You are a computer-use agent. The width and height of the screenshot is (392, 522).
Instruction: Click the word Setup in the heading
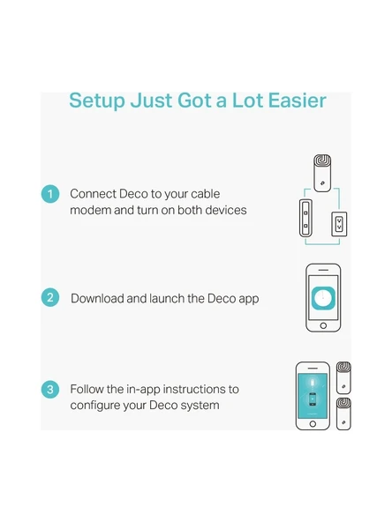pos(96,101)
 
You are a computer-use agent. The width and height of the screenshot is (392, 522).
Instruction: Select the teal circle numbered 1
pos(50,194)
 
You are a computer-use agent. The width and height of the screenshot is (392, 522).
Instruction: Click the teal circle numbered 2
pos(50,297)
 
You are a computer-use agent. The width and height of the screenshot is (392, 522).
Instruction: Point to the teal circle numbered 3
pos(50,389)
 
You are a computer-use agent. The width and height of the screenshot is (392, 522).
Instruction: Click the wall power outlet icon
pos(339,224)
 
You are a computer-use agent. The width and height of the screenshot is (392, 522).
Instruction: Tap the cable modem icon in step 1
pos(305,218)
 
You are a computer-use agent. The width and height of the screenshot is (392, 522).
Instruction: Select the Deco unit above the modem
pos(322,173)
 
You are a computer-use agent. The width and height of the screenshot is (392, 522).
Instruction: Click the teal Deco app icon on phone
pos(323,298)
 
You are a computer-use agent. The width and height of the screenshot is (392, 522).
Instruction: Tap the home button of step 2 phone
pos(323,325)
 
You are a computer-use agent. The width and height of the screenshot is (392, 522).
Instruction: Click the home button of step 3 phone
pos(313,424)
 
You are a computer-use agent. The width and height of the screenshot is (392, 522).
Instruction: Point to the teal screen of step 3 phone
pos(313,396)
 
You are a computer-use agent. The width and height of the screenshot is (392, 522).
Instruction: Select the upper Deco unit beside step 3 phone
pos(343,378)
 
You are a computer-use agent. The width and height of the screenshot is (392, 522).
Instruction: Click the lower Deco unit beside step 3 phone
pos(343,414)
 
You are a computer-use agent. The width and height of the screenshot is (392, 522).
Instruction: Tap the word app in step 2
pos(249,299)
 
